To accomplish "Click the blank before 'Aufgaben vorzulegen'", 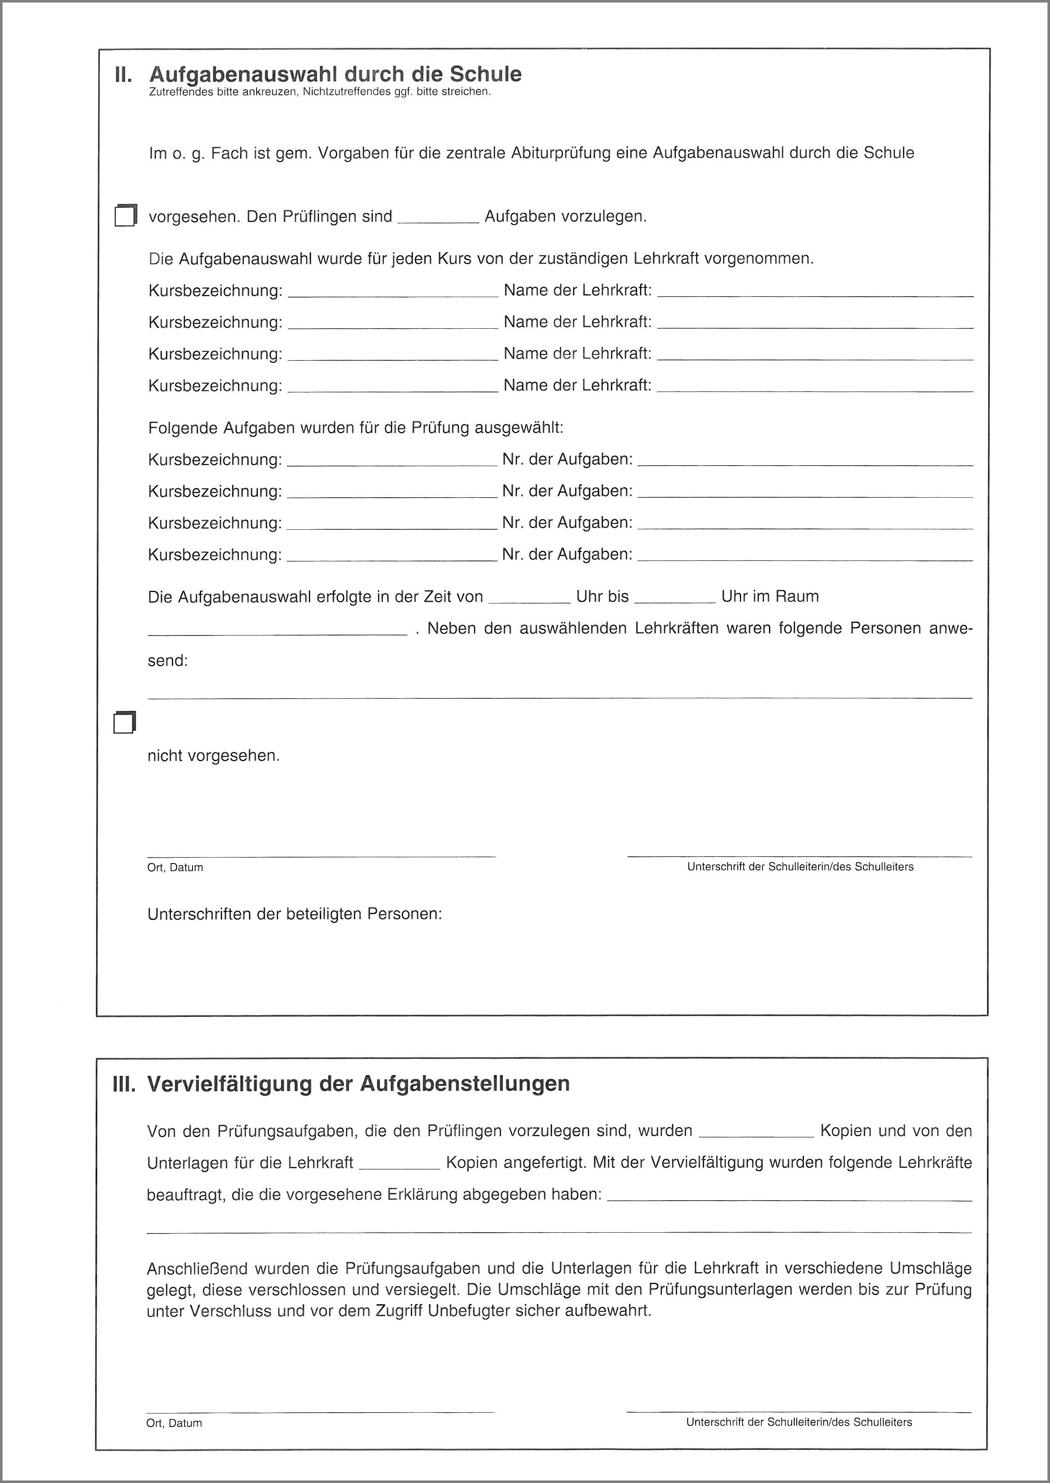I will (438, 217).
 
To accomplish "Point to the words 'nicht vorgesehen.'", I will (213, 755).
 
